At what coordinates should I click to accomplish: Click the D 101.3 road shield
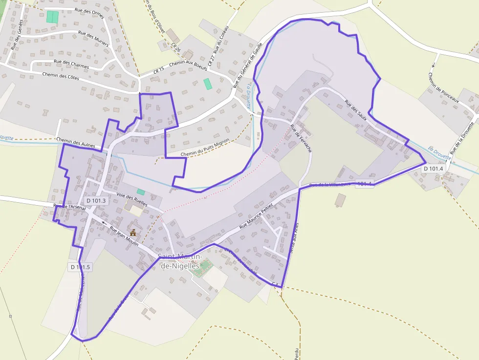tap(96, 200)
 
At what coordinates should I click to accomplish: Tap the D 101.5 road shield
tap(80, 267)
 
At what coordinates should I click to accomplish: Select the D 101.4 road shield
tap(433, 169)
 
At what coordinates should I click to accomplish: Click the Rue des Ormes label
tap(89, 13)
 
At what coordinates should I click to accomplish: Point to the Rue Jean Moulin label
tap(124, 235)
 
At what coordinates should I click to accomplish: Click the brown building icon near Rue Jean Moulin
tap(132, 232)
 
